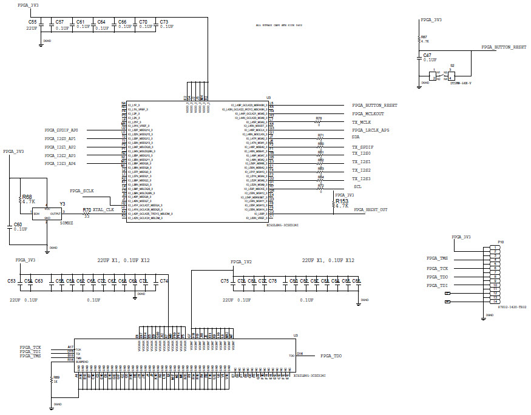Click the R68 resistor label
pos(27,197)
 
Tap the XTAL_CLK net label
pos(103,209)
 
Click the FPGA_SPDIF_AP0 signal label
pos(61,130)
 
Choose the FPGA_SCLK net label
pos(83,191)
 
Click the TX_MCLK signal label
pos(361,122)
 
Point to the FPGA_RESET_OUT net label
pos(371,210)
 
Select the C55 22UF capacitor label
pos(32,21)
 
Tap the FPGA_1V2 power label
pos(242,261)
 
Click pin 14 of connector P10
pos(496,302)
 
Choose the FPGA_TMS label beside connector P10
pos(437,258)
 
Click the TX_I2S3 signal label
pos(361,179)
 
